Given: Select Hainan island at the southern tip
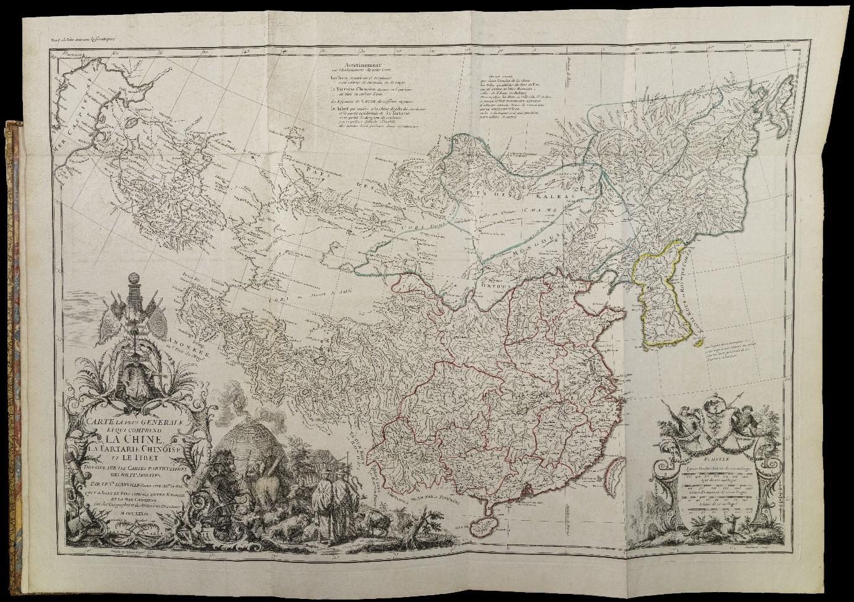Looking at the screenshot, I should (486, 526).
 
